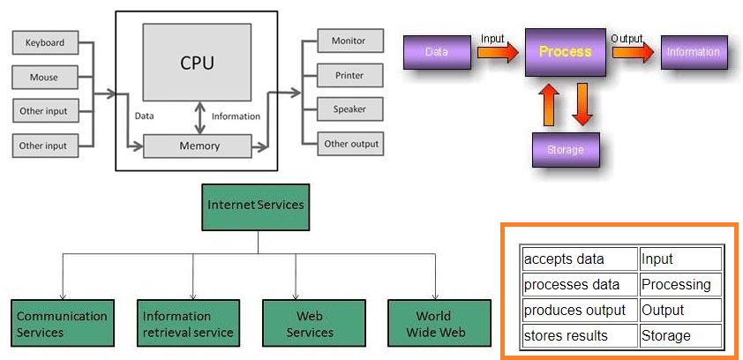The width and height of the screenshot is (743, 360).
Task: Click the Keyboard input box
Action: pos(45,42)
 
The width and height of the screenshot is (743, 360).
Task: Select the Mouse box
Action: pos(45,78)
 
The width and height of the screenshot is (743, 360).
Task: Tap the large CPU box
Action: pos(197,62)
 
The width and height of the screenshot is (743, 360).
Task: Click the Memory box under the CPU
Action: pos(197,146)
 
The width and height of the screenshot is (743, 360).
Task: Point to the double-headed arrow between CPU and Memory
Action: pos(201,117)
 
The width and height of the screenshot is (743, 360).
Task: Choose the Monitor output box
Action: pos(350,41)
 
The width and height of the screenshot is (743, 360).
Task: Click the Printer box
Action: pos(350,75)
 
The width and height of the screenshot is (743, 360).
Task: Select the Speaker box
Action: pos(350,109)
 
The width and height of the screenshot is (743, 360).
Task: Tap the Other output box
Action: pos(350,144)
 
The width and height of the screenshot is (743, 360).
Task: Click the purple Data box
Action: pos(437,52)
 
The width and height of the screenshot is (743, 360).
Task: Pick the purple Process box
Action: pos(566,52)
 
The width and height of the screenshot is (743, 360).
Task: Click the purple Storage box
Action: pos(566,150)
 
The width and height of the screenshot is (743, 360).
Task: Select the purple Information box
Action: pos(694,52)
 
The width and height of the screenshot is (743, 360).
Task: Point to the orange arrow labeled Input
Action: pos(498,52)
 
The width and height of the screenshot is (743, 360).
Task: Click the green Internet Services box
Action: pos(256,207)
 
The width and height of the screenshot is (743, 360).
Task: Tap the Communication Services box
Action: pos(63,323)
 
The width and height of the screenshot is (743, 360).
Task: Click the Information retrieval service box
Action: pos(188,323)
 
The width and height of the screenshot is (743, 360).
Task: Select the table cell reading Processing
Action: pos(680,285)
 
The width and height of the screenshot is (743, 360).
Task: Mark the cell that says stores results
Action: pos(580,336)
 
